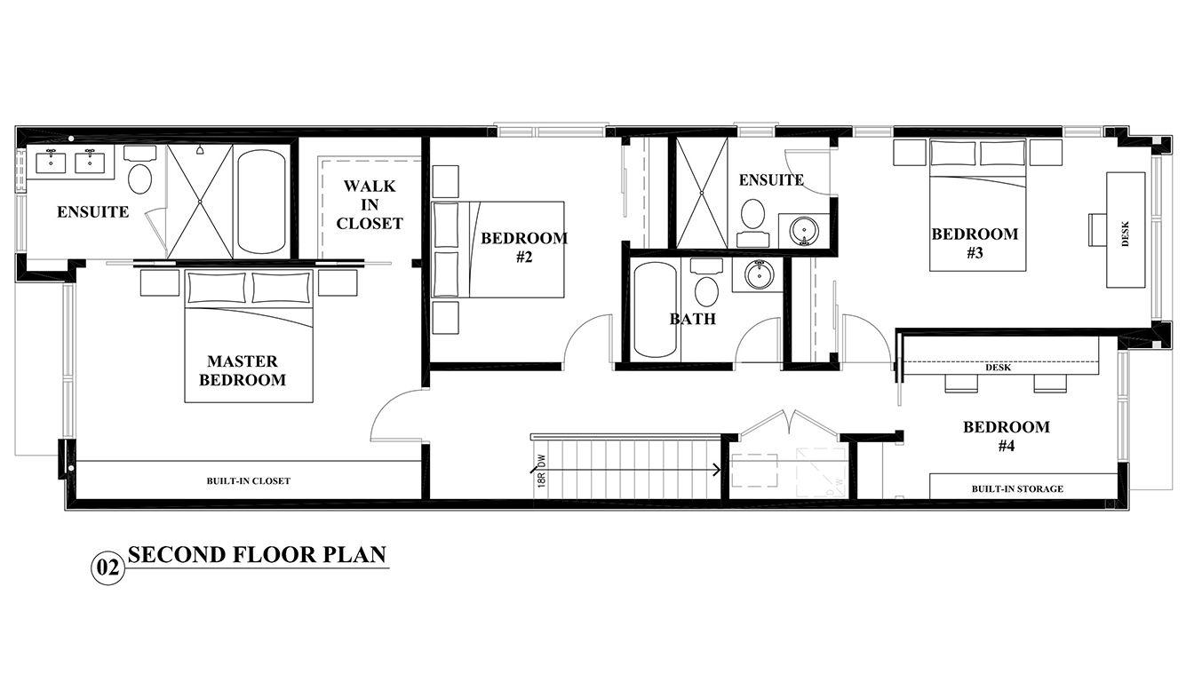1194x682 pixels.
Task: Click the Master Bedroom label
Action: (243, 370)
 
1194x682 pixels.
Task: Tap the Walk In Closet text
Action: (370, 205)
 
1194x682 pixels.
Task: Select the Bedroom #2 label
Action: (523, 247)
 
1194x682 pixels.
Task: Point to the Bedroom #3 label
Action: (975, 243)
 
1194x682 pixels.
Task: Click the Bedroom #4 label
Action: (1006, 436)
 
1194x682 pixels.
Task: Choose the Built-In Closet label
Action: (249, 481)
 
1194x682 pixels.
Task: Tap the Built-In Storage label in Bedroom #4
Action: (1016, 488)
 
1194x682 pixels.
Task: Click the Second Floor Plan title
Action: (258, 555)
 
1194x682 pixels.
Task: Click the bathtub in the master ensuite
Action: (262, 202)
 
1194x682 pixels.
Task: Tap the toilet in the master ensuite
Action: (139, 178)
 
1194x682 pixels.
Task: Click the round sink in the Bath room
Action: (758, 275)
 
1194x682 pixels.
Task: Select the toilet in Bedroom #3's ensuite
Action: (753, 216)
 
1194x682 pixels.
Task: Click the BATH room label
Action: (692, 319)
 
